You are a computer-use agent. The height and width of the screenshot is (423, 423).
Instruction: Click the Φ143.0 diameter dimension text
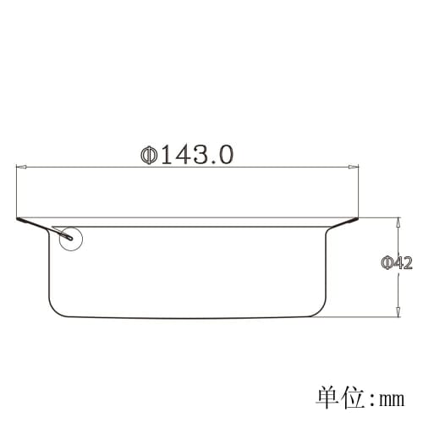pos(187,156)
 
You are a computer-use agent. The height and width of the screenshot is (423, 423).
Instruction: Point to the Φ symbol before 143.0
pos(149,156)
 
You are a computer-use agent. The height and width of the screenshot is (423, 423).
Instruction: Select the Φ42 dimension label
pos(397,263)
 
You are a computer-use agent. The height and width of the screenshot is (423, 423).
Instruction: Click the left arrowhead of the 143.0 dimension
pos(20,167)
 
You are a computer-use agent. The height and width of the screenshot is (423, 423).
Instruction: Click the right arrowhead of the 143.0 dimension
pos(354,167)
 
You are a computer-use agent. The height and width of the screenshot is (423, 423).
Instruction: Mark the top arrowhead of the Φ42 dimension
pos(397,222)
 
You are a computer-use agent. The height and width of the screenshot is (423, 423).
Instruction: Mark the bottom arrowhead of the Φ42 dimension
pos(397,313)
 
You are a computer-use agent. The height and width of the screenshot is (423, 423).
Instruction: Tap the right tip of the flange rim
pos(357,221)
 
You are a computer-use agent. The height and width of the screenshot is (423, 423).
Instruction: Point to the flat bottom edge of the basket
pos(187,317)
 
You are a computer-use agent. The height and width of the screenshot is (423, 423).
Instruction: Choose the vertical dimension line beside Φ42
pos(397,288)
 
